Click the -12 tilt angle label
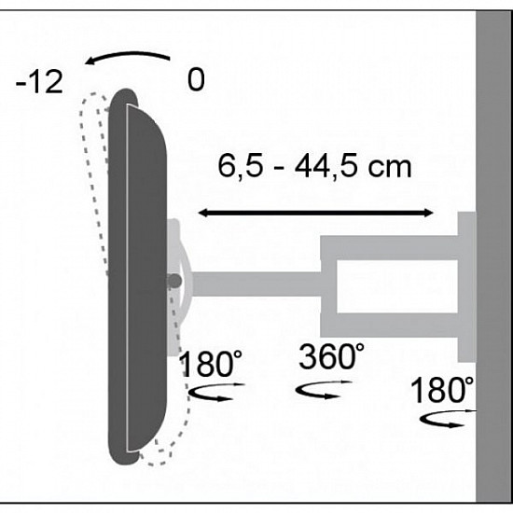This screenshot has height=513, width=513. [39, 82]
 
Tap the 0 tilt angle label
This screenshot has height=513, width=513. [195, 80]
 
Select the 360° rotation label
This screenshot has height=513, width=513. [331, 357]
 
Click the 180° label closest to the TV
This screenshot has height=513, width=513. [213, 364]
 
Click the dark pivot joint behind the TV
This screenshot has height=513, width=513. [174, 280]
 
